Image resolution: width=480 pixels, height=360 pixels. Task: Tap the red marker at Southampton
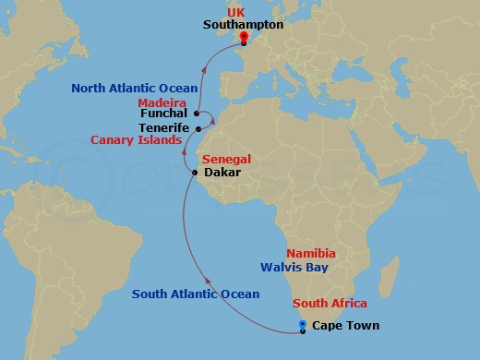click(244, 39)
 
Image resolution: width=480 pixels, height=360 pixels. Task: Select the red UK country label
click(244, 11)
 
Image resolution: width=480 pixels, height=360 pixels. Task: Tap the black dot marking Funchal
click(197, 114)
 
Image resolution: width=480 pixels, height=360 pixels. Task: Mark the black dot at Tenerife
click(198, 128)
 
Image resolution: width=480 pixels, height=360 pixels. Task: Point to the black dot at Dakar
click(194, 173)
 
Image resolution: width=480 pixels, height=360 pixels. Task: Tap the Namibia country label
click(311, 253)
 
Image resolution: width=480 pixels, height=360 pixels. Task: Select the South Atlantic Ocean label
click(196, 294)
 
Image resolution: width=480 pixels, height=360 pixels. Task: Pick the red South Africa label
click(330, 303)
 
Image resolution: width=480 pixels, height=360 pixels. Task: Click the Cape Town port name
click(345, 325)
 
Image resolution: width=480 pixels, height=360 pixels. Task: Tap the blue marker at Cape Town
click(303, 325)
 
